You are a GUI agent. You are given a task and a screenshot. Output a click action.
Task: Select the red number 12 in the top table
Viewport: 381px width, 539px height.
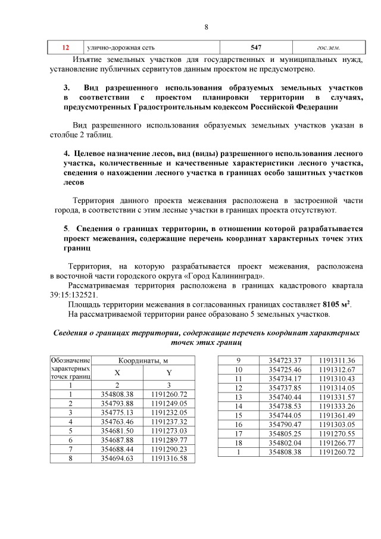[66, 47]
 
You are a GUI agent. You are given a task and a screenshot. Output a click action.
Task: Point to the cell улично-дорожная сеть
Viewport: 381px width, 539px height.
[125, 47]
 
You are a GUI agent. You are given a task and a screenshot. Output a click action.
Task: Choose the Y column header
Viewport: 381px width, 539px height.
[169, 373]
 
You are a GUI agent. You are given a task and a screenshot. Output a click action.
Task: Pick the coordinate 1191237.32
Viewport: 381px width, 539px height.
[169, 421]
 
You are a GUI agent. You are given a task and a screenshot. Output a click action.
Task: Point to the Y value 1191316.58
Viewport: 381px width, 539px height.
[169, 458]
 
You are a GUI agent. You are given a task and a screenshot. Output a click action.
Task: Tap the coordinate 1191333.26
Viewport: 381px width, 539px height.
[336, 406]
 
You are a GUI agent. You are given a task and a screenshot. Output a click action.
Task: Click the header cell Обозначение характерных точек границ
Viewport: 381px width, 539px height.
[71, 368]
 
